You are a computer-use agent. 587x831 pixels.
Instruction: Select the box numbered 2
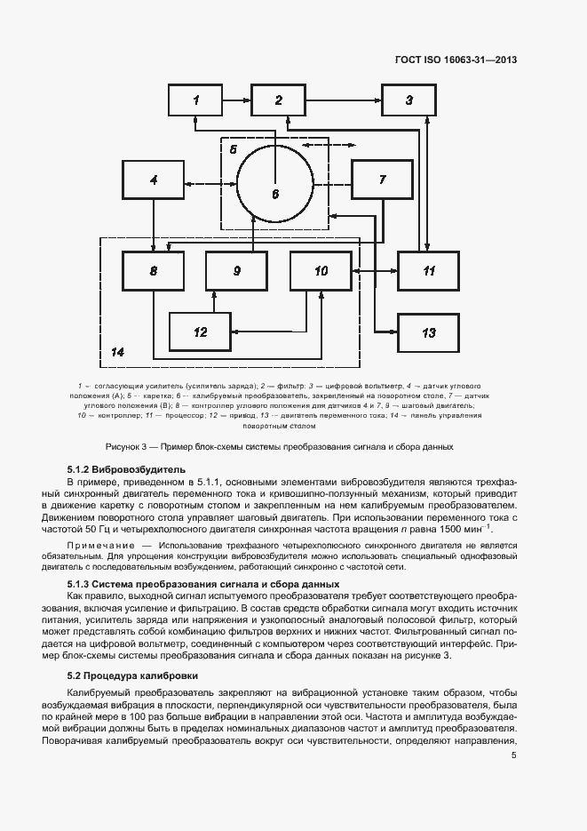pyautogui.click(x=278, y=100)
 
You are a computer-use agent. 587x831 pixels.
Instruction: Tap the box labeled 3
pyautogui.click(x=409, y=100)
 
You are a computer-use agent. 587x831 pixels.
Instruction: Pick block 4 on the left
pyautogui.click(x=154, y=180)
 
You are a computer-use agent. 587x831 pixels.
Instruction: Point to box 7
pyautogui.click(x=382, y=180)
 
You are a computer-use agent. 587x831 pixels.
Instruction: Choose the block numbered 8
pyautogui.click(x=154, y=270)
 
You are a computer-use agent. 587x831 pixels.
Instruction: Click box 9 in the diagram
pyautogui.click(x=236, y=270)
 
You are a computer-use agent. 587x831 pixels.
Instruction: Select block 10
pyautogui.click(x=321, y=270)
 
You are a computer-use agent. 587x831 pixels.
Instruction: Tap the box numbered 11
pyautogui.click(x=428, y=270)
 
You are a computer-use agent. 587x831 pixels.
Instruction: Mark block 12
pyautogui.click(x=200, y=332)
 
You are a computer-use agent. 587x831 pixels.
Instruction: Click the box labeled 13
pyautogui.click(x=428, y=332)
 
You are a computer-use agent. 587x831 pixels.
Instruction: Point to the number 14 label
pyautogui.click(x=117, y=352)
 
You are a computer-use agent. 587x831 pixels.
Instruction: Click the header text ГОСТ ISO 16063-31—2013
pyautogui.click(x=456, y=60)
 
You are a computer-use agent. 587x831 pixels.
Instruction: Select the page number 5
pyautogui.click(x=514, y=755)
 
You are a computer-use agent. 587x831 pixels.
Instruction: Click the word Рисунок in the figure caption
pyautogui.click(x=121, y=446)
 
